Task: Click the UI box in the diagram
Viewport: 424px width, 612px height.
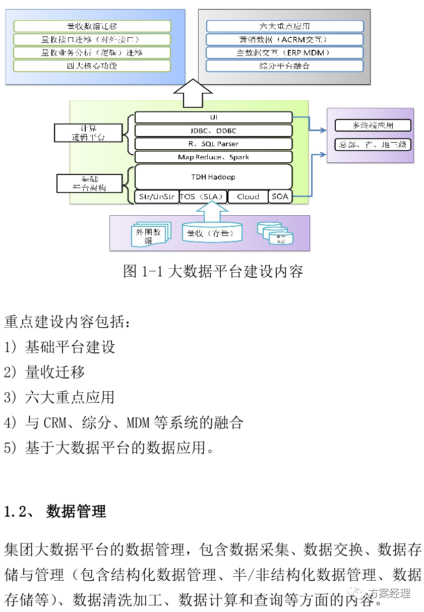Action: click(x=213, y=117)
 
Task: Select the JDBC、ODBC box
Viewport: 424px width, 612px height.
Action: click(x=213, y=131)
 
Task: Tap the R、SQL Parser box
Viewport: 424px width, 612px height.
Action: click(x=213, y=144)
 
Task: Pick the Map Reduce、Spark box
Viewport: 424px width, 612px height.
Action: click(x=213, y=157)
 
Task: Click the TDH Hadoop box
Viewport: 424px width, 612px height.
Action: click(x=213, y=177)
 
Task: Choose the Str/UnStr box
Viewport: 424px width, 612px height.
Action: click(x=156, y=197)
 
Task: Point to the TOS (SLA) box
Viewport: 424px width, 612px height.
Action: click(x=203, y=197)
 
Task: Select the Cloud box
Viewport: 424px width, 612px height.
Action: click(x=248, y=197)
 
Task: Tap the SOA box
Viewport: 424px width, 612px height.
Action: click(x=280, y=197)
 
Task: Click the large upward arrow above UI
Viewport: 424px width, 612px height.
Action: click(x=193, y=93)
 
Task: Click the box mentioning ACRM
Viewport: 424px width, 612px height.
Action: click(x=284, y=39)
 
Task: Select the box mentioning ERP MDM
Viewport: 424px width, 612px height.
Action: click(x=284, y=52)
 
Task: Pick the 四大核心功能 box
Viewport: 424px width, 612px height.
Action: click(x=92, y=66)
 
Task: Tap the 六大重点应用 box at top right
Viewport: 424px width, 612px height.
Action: click(x=284, y=26)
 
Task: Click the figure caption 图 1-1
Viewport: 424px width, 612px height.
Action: click(x=213, y=271)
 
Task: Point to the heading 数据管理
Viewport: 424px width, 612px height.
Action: click(x=76, y=512)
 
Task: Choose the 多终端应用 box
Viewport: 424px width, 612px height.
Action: click(x=373, y=126)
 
